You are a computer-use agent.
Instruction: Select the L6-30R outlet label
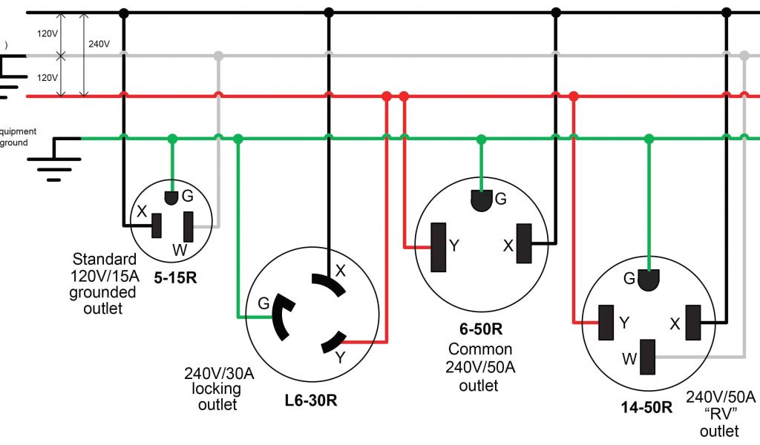click(x=311, y=400)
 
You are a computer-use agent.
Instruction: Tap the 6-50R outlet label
click(x=480, y=329)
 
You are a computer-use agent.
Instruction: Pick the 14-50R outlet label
click(x=646, y=407)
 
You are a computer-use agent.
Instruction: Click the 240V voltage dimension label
click(x=99, y=44)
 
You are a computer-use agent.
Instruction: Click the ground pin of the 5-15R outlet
click(x=171, y=197)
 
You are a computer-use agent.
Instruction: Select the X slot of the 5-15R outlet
click(x=157, y=225)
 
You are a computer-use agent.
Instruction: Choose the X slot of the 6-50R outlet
click(x=524, y=244)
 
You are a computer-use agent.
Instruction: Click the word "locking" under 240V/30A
click(x=216, y=389)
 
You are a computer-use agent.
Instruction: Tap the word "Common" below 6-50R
click(x=480, y=349)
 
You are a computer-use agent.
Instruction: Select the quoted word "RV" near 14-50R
click(x=719, y=413)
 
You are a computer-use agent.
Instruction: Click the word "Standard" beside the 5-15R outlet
click(x=104, y=260)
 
